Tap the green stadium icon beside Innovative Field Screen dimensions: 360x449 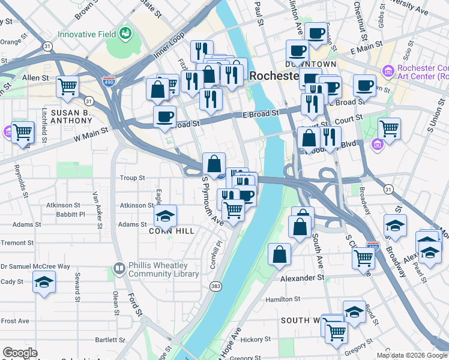[x=126, y=33]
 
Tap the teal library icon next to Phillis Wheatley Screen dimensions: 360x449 [x=119, y=268]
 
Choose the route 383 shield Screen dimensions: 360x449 [x=215, y=287]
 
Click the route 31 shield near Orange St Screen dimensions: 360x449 [x=47, y=46]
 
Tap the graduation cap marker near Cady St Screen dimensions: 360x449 [x=44, y=281]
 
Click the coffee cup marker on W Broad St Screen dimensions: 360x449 [x=164, y=117]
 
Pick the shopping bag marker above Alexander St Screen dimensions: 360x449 [x=280, y=254]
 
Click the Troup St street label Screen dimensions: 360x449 [x=133, y=178]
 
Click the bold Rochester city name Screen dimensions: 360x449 [x=274, y=76]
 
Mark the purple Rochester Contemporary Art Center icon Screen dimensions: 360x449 [x=388, y=71]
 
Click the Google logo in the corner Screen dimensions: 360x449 [x=20, y=353]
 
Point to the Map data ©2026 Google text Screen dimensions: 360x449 [x=411, y=355]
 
